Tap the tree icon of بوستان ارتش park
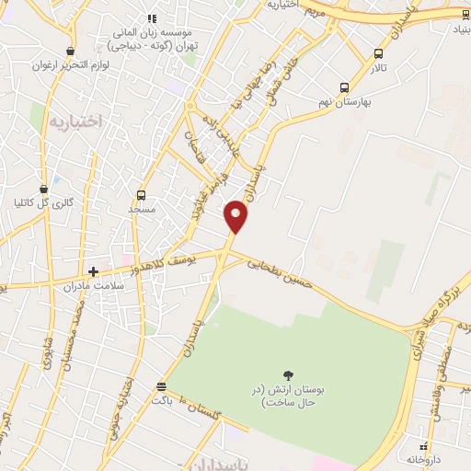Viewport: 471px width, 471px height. coord(289,375)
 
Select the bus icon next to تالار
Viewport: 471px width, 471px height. coord(378,54)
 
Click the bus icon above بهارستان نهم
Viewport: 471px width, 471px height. coord(344,88)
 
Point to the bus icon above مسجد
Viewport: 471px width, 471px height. coord(141,195)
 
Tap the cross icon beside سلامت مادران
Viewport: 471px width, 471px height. coord(93,271)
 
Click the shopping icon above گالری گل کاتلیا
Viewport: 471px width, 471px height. coord(44,188)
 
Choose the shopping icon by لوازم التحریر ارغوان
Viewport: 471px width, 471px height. coord(71,52)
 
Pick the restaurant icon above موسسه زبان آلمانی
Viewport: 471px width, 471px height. coord(153,17)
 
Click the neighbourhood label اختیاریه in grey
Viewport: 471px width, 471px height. coord(73,121)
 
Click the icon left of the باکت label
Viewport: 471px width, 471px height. coord(162,386)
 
